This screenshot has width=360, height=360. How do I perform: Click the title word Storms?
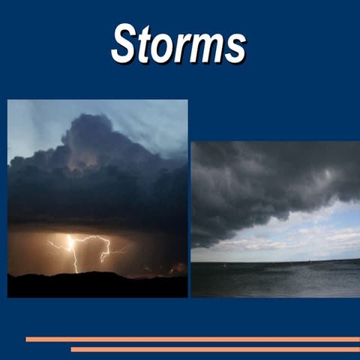coord(178,43)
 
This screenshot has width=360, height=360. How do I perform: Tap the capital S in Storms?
coord(124,43)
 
